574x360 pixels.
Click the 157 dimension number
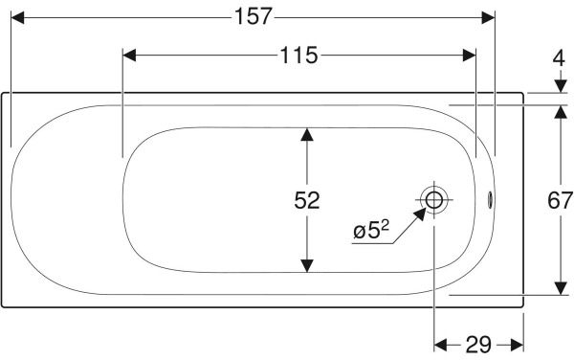pyautogui.click(x=253, y=16)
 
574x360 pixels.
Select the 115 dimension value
pyautogui.click(x=298, y=55)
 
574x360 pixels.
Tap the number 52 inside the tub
pyautogui.click(x=306, y=200)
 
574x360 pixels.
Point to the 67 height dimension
pyautogui.click(x=560, y=201)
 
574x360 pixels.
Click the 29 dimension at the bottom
pyautogui.click(x=478, y=343)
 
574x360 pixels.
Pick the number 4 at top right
pyautogui.click(x=560, y=56)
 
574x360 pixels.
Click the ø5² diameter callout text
pyautogui.click(x=371, y=230)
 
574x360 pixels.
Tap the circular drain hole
pyautogui.click(x=434, y=200)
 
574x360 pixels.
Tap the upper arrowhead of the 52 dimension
pyautogui.click(x=306, y=135)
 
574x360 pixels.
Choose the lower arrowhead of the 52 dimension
pyautogui.click(x=306, y=265)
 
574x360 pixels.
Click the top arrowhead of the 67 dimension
pyautogui.click(x=560, y=110)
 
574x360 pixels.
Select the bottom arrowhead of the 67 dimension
pyautogui.click(x=560, y=289)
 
